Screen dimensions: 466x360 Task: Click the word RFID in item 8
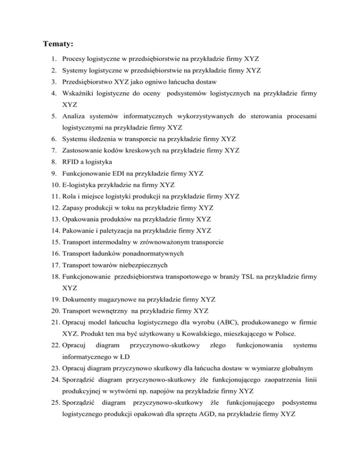click(71, 162)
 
